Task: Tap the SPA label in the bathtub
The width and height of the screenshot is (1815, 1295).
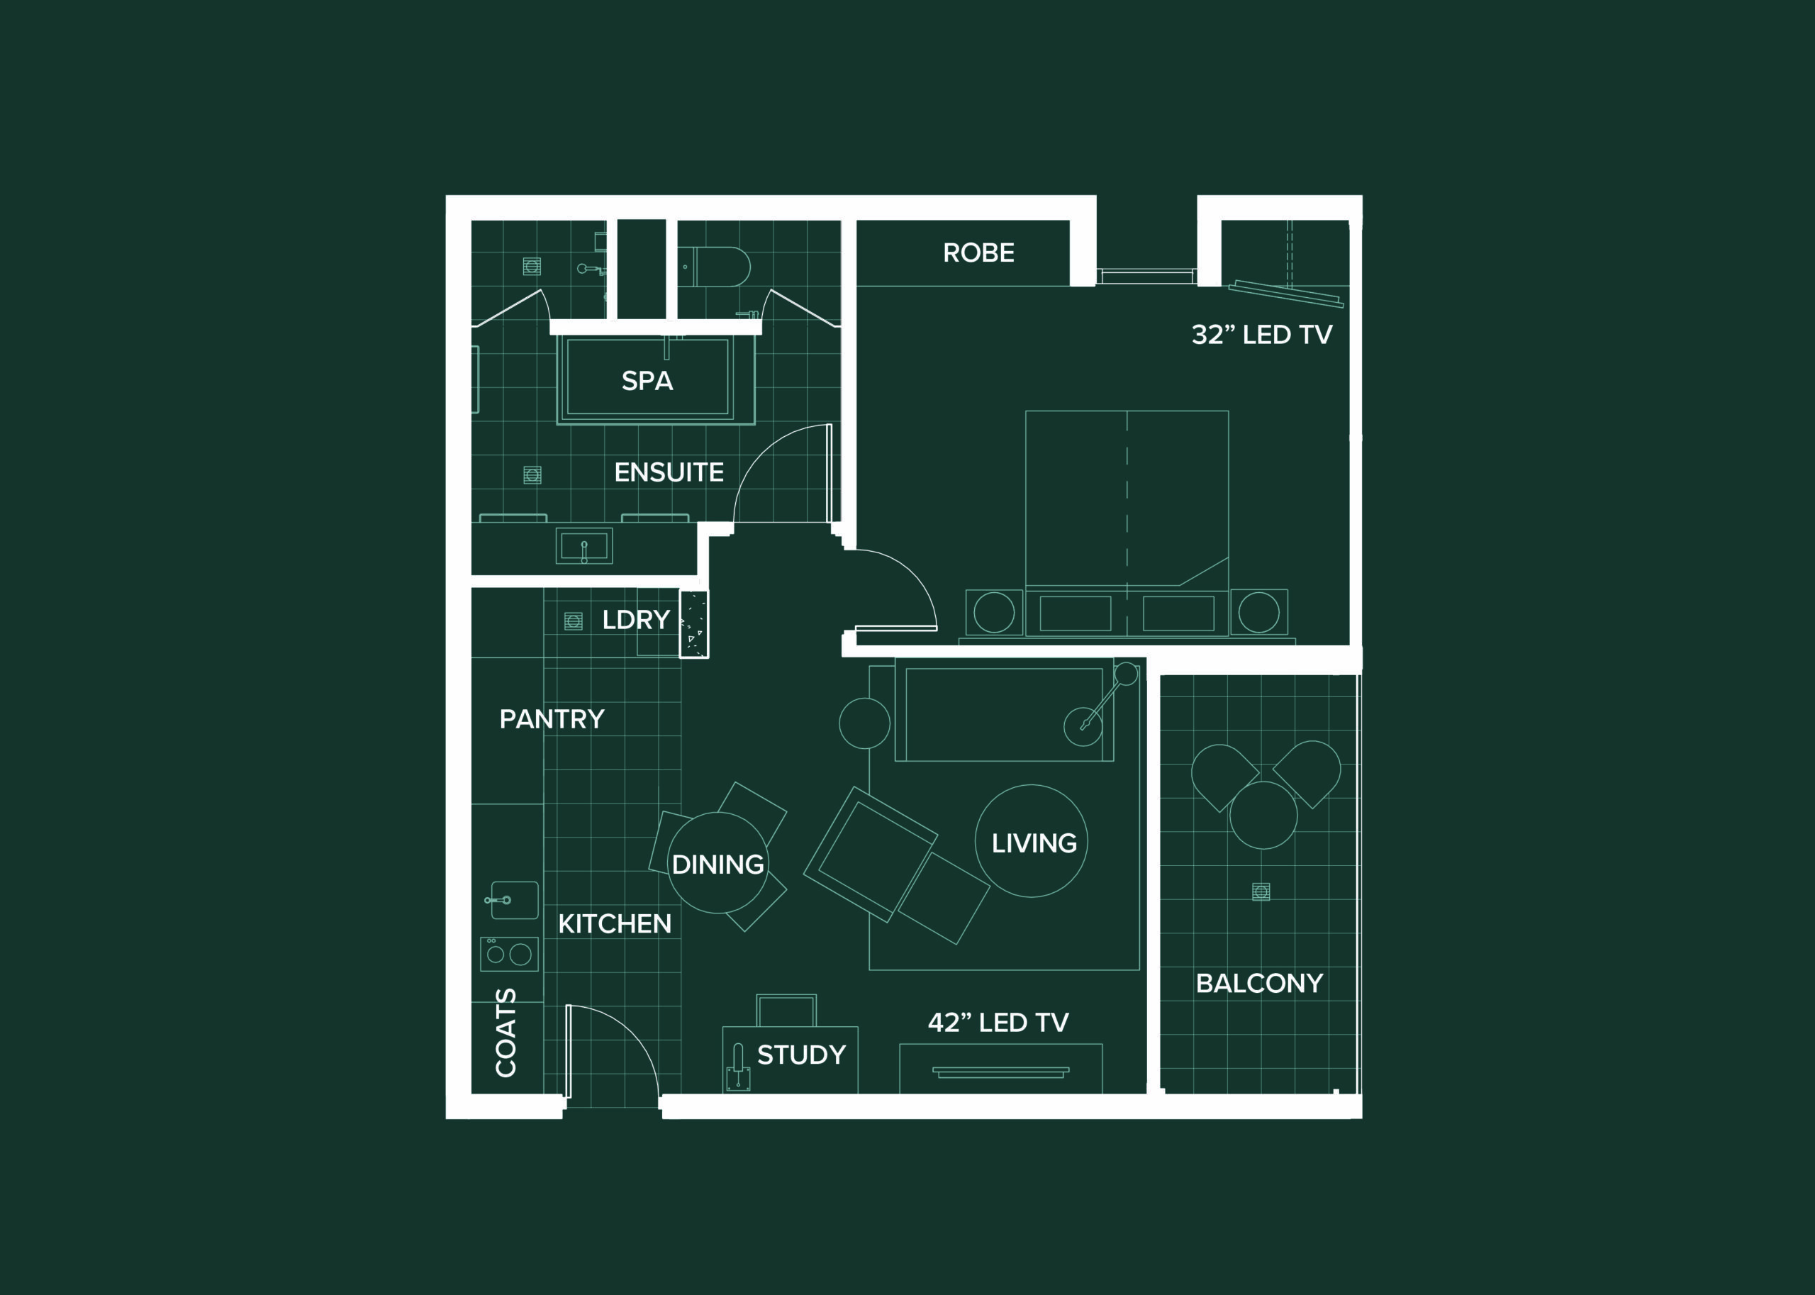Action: pos(647,381)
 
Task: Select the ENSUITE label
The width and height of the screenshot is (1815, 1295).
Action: pos(669,472)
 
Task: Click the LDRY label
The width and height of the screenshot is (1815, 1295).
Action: pos(635,620)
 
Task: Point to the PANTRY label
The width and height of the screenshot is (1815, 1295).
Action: pos(552,719)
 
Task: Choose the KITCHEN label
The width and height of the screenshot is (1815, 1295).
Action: pos(615,923)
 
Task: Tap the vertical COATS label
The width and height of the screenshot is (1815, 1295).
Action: pos(506,1033)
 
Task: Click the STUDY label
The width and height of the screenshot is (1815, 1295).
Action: pos(801,1055)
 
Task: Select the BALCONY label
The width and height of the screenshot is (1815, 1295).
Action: pos(1259,983)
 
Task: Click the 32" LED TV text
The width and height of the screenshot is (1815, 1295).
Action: pos(1262,334)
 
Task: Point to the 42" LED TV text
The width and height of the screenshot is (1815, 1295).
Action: pos(998,1022)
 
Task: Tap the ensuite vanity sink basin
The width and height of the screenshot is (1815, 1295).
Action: pos(584,546)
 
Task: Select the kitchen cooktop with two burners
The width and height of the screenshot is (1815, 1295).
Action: pos(509,954)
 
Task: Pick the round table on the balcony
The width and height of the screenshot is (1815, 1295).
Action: pos(1263,815)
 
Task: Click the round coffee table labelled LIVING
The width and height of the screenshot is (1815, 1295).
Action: pos(1032,841)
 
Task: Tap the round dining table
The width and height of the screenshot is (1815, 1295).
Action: pos(718,863)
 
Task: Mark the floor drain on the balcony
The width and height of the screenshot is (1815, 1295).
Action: pos(1261,891)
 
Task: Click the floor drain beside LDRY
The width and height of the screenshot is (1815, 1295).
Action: pos(573,621)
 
